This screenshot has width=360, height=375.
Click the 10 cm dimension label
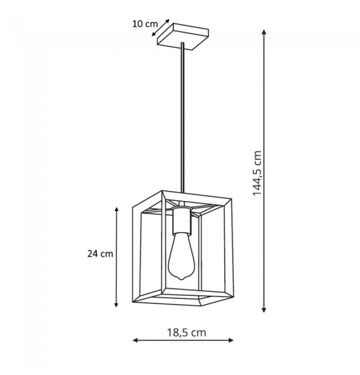(145, 24)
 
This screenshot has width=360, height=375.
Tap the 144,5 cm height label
(258, 173)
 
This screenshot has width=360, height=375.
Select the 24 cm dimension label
(100, 254)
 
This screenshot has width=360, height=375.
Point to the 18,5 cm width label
(186, 332)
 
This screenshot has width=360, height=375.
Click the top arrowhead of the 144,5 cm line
(264, 32)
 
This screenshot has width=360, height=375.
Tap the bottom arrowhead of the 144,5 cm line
(264, 310)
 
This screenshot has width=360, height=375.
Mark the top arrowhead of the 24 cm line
(116, 209)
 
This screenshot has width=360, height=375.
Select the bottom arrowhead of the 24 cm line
(116, 304)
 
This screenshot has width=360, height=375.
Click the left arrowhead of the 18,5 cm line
(135, 340)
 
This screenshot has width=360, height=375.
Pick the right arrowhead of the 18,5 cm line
(230, 340)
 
